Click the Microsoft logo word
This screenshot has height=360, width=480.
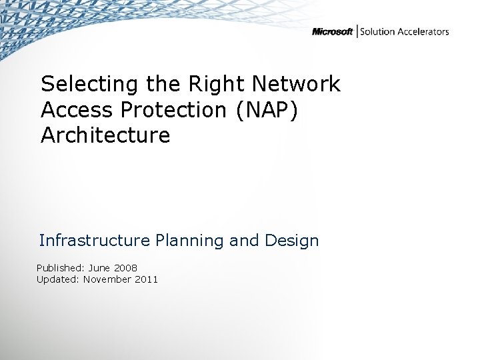point(332,32)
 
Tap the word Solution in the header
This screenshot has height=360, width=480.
point(379,31)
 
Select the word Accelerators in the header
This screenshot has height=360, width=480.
point(423,31)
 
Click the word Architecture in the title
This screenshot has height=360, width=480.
point(105,135)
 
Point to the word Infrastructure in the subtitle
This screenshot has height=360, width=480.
point(94,240)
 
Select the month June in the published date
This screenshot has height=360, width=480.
point(100,267)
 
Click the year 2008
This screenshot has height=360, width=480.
point(126,267)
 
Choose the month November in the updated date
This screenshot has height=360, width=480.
point(107,279)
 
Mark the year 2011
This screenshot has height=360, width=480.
point(147,279)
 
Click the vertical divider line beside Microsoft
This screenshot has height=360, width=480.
point(358,31)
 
